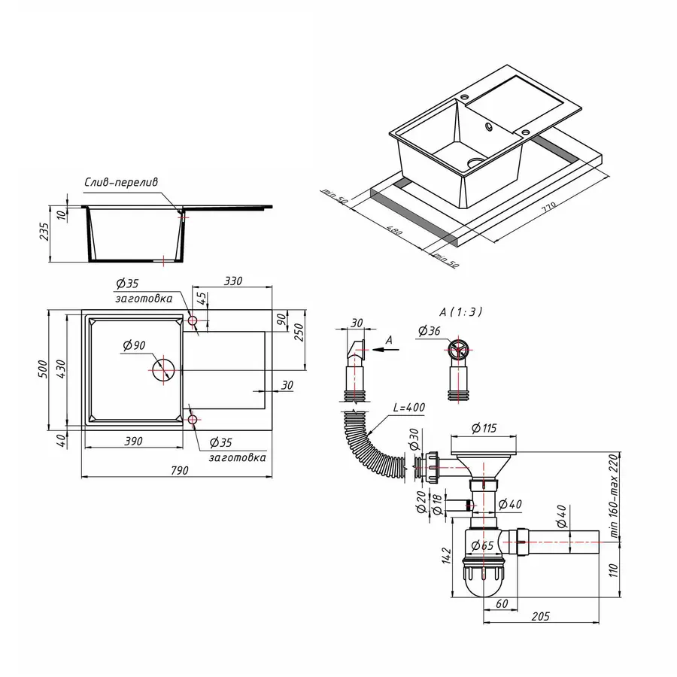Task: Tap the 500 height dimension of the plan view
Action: [44, 368]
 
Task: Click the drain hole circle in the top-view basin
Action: [163, 370]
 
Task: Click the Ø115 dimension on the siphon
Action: [484, 429]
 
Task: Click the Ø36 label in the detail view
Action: [428, 330]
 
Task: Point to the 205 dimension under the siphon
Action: [540, 616]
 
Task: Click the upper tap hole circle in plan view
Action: [193, 322]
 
